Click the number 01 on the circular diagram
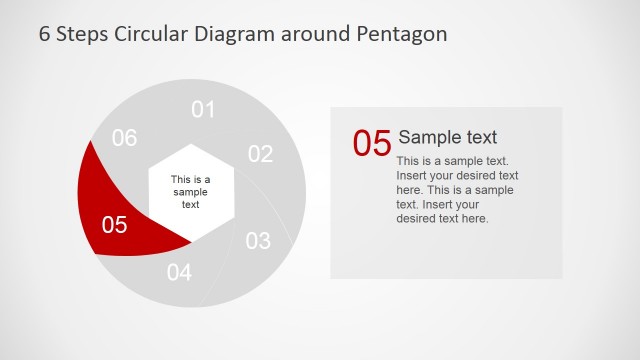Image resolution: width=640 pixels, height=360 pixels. click(203, 109)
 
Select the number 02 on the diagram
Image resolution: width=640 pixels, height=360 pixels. click(260, 154)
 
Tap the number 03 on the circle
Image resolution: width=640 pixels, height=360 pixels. click(258, 241)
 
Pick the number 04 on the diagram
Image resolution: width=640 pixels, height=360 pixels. click(179, 272)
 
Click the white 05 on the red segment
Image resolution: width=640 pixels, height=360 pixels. click(115, 225)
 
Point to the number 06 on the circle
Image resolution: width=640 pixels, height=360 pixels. click(124, 139)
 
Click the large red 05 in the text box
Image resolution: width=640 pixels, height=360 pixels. click(371, 143)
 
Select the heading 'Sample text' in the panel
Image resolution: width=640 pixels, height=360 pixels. click(447, 137)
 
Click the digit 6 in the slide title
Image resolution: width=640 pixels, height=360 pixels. click(45, 34)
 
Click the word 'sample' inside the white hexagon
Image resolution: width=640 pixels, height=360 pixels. click(190, 192)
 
